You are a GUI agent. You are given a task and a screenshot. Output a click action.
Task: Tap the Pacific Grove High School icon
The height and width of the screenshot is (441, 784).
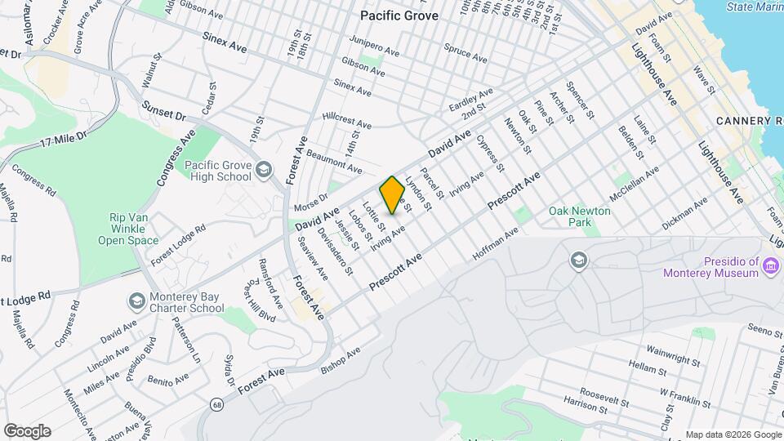click(x=263, y=170)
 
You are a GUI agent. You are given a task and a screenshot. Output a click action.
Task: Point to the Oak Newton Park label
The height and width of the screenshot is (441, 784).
click(x=580, y=216)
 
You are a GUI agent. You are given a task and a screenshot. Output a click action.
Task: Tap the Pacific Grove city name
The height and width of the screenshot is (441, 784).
click(x=399, y=16)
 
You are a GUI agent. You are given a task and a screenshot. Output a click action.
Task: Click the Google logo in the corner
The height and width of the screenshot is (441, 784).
click(x=27, y=430)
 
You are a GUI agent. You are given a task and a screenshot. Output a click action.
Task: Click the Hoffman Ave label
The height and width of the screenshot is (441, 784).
click(x=496, y=245)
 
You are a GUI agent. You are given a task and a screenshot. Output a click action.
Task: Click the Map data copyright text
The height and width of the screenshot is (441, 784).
click(x=732, y=434)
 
